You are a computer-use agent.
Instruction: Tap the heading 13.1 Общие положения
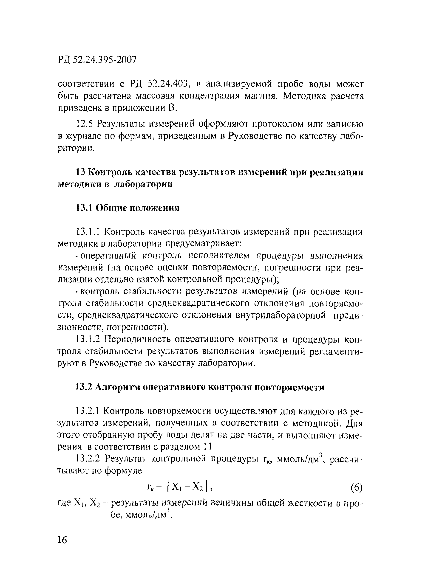click(127, 208)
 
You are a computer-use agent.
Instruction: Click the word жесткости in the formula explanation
click(310, 503)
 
